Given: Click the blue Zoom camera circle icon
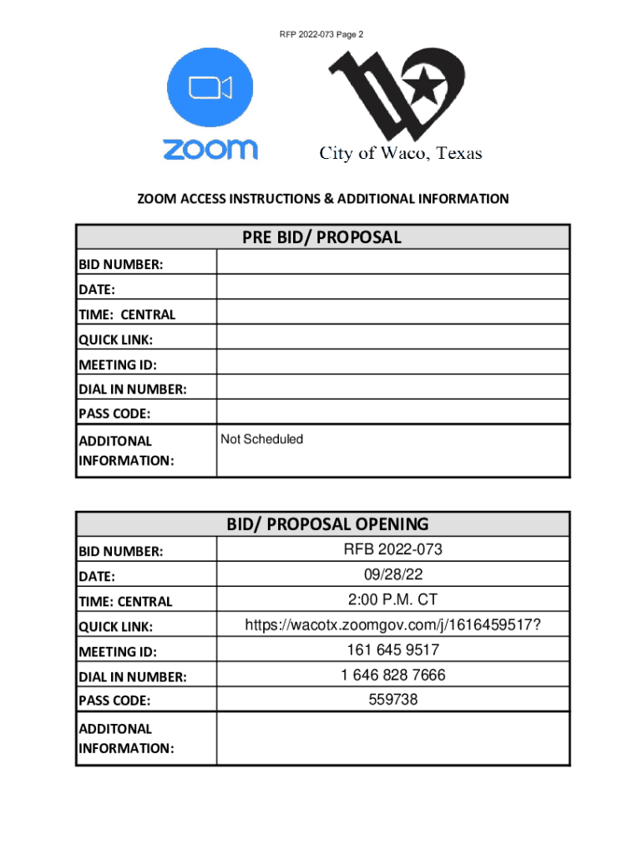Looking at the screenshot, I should pyautogui.click(x=210, y=87).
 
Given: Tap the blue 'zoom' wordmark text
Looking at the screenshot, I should pyautogui.click(x=210, y=150).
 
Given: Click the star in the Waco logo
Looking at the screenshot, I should pyautogui.click(x=425, y=84).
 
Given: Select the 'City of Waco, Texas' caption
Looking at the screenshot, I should pyautogui.click(x=402, y=154).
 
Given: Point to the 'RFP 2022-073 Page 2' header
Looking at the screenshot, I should pyautogui.click(x=321, y=33).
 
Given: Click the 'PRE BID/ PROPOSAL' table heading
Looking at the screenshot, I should pyautogui.click(x=322, y=237).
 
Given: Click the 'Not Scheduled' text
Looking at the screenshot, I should pyautogui.click(x=261, y=439).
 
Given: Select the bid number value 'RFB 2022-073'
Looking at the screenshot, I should pyautogui.click(x=392, y=549).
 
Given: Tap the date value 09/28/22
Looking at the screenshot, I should pyautogui.click(x=392, y=575).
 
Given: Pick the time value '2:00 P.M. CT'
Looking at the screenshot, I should pyautogui.click(x=392, y=600).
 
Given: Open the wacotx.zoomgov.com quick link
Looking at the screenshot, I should pyautogui.click(x=392, y=625).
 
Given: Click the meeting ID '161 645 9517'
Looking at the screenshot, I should pyautogui.click(x=392, y=650).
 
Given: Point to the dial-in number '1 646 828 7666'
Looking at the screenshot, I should pyautogui.click(x=392, y=675).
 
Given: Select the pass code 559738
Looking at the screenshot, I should pyautogui.click(x=392, y=700).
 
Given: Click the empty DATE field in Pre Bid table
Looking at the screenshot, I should pyautogui.click(x=392, y=288).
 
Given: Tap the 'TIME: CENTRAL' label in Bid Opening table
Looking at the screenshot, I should pyautogui.click(x=125, y=601).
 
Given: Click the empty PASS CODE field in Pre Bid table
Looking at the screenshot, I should pyautogui.click(x=392, y=412).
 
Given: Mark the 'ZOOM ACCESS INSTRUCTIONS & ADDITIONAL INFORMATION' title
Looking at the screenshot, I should pyautogui.click(x=322, y=199).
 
